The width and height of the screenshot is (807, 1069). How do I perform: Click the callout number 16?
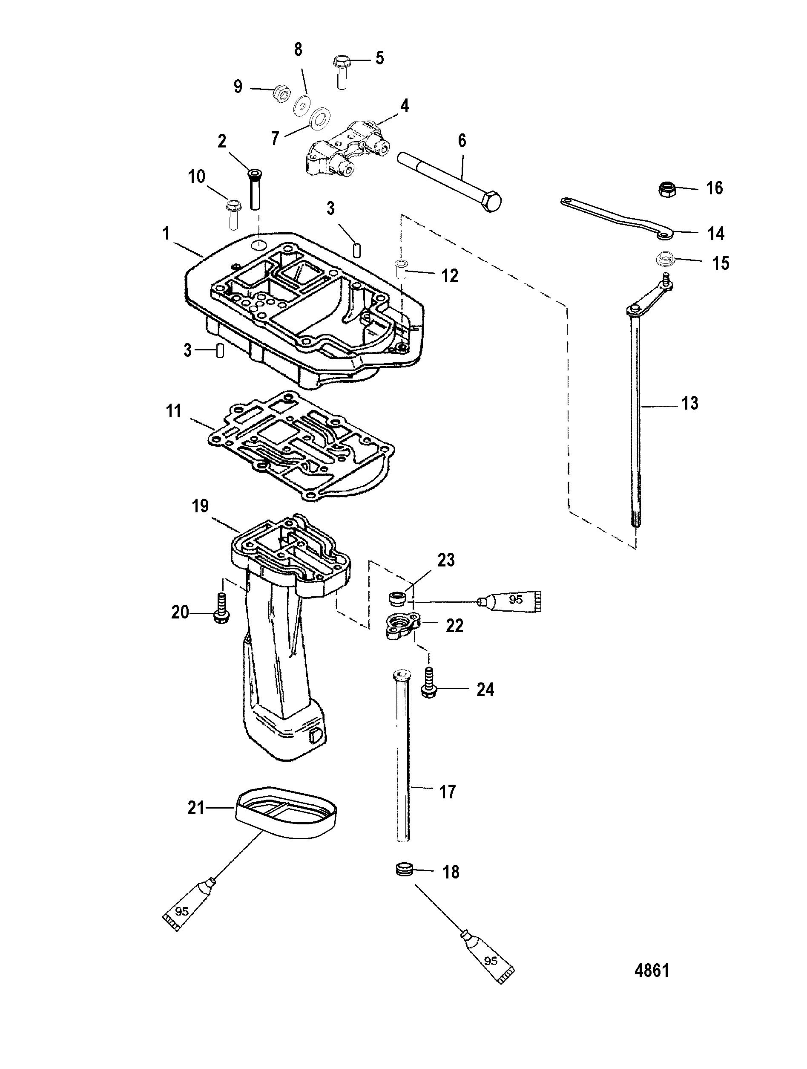point(715,188)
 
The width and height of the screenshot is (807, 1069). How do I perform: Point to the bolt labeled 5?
point(341,72)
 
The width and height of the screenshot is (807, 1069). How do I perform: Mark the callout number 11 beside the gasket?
point(173,411)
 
